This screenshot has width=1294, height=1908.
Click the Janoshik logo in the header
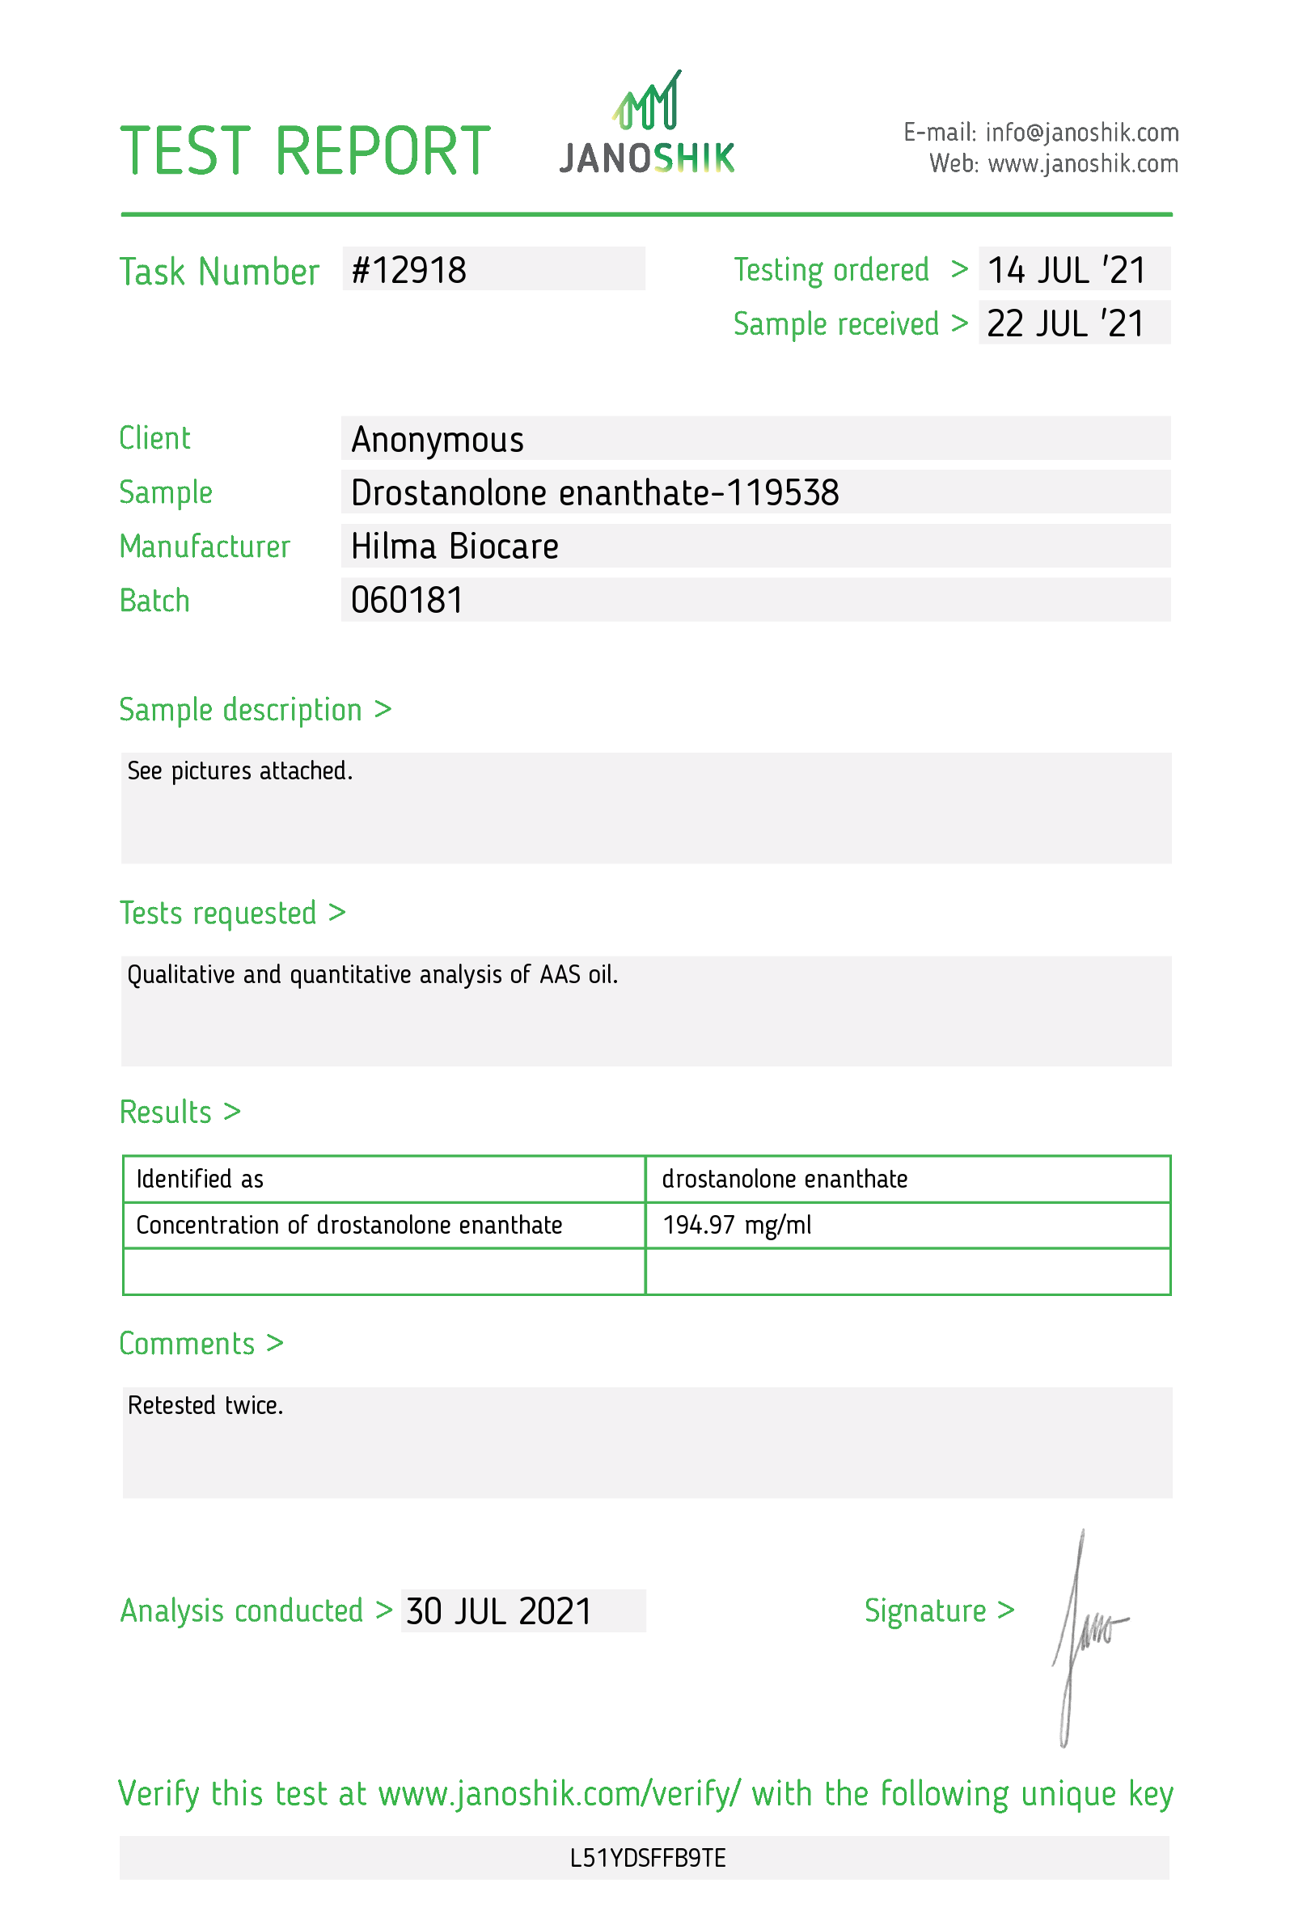(x=646, y=125)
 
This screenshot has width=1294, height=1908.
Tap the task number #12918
(x=408, y=270)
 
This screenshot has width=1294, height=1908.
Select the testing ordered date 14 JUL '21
(x=1065, y=270)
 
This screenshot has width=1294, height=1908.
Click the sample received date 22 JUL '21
(x=1065, y=323)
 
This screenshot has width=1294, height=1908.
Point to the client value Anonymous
(x=437, y=439)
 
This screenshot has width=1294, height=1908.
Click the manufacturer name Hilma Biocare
(x=454, y=546)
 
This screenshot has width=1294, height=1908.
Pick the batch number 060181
(x=407, y=600)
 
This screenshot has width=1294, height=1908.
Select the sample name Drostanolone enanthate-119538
(x=594, y=492)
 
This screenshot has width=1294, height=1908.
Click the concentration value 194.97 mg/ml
(x=737, y=1225)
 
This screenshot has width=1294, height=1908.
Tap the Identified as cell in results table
(x=200, y=1179)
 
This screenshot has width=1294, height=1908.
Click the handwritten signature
(x=1084, y=1634)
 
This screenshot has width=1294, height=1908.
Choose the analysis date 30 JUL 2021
(x=498, y=1610)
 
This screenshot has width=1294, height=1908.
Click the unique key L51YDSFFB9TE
(x=647, y=1858)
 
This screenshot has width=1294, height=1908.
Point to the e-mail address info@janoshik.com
(x=1081, y=132)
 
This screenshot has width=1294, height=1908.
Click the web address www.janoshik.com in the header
(x=1082, y=164)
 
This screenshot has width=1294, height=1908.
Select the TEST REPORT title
(x=305, y=151)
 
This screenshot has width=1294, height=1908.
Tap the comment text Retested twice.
(x=205, y=1406)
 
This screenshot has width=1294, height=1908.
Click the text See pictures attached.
(x=239, y=771)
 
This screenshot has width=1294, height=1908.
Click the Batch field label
(x=154, y=601)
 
